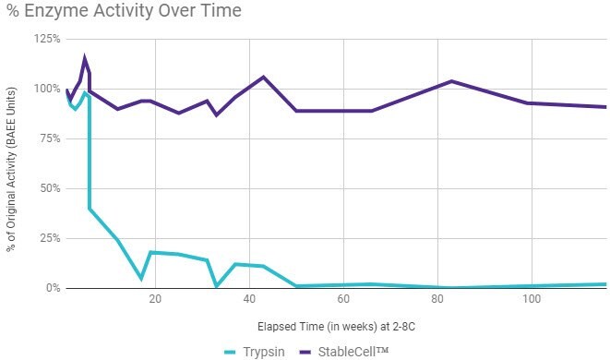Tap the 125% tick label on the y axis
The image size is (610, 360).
pos(45,39)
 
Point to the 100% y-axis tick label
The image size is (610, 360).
pos(45,89)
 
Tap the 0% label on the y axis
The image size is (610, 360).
pos(51,288)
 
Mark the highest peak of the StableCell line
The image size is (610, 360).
pos(85,58)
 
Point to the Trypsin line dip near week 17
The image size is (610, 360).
pos(141,278)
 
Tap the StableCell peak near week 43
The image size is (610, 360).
pos(263,77)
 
